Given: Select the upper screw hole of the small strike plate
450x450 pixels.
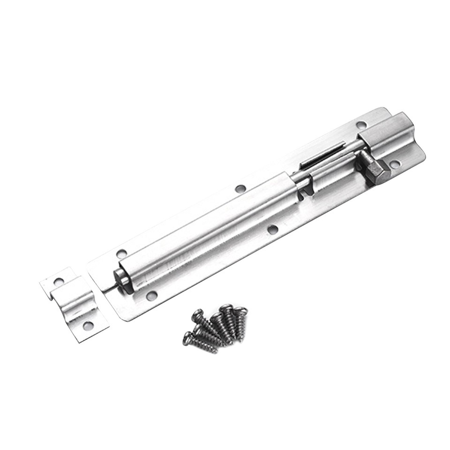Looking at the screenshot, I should coord(59,282).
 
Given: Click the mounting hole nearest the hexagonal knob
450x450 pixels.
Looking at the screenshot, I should coord(395,164).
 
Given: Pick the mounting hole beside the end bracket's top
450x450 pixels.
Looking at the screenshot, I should coord(361,125).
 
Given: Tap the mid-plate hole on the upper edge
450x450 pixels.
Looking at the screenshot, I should coord(240,189).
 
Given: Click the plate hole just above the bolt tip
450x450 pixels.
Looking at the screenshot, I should coord(121,254).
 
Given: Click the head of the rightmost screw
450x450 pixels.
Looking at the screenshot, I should coord(240,310).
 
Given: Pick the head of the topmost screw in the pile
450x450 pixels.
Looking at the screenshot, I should coord(227,307).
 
